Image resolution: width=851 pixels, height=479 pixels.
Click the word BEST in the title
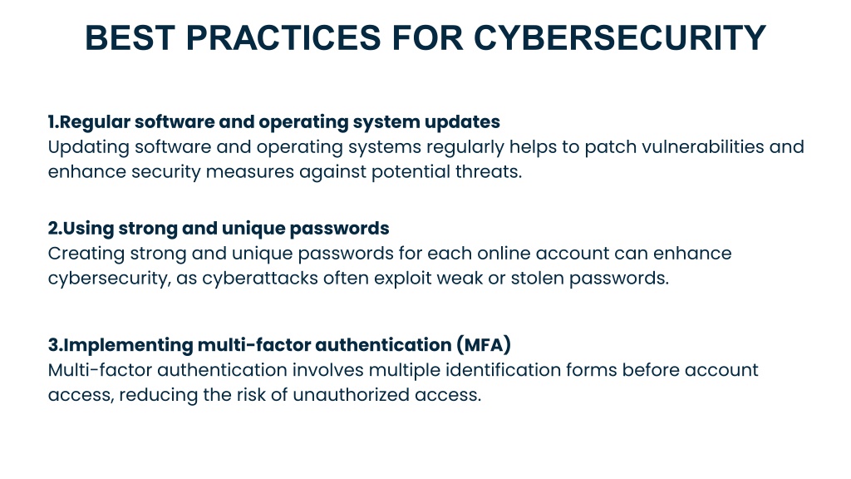coord(130,38)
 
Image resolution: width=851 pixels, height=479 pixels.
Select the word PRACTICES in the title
coord(283,38)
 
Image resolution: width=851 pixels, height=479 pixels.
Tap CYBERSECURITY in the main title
coord(619,38)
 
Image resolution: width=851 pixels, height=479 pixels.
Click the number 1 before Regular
coord(51,121)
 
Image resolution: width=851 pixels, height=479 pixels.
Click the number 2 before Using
coord(53,228)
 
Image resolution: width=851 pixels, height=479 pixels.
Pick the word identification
coord(503,370)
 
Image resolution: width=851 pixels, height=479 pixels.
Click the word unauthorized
coord(351,395)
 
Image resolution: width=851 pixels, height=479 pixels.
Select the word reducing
coord(158,396)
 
